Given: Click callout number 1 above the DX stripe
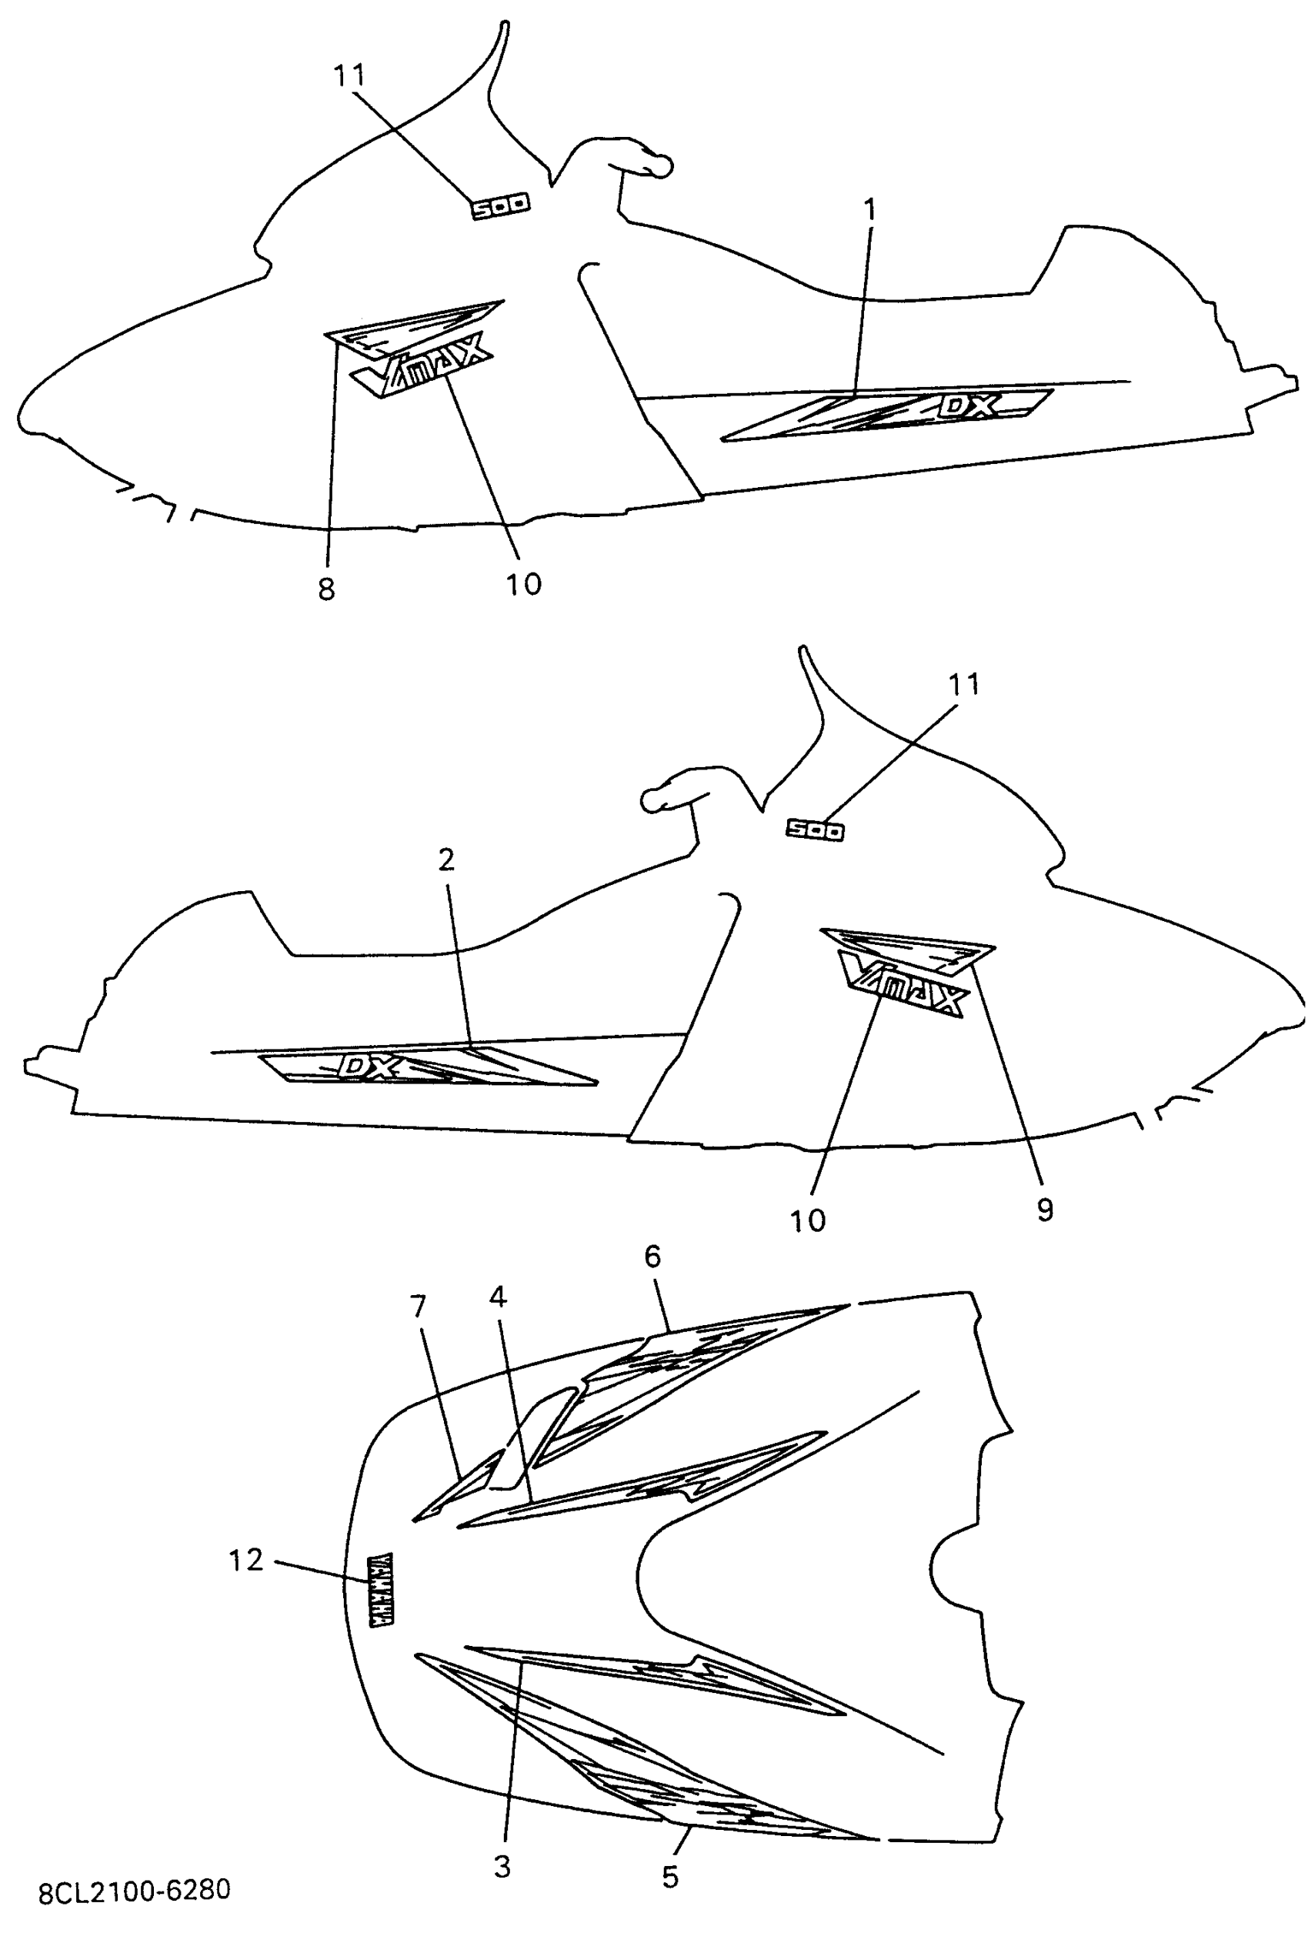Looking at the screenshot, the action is click(x=870, y=210).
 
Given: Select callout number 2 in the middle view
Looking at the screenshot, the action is click(x=446, y=860).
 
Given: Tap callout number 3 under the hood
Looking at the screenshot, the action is click(x=502, y=1865).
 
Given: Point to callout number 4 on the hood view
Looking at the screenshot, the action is click(x=498, y=1297).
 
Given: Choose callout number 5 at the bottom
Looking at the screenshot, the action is click(x=671, y=1876).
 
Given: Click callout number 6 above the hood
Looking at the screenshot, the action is click(x=652, y=1257).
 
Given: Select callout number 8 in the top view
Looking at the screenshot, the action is click(x=326, y=589).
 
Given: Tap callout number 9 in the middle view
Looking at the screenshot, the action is click(x=1045, y=1210).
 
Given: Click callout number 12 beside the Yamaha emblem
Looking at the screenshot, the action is click(x=246, y=1560).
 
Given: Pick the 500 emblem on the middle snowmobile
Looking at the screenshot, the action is click(x=815, y=830).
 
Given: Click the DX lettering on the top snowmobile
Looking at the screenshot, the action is click(x=969, y=406).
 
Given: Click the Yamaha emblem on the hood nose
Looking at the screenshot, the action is click(x=380, y=1589).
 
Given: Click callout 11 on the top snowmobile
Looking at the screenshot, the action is click(x=349, y=76).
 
